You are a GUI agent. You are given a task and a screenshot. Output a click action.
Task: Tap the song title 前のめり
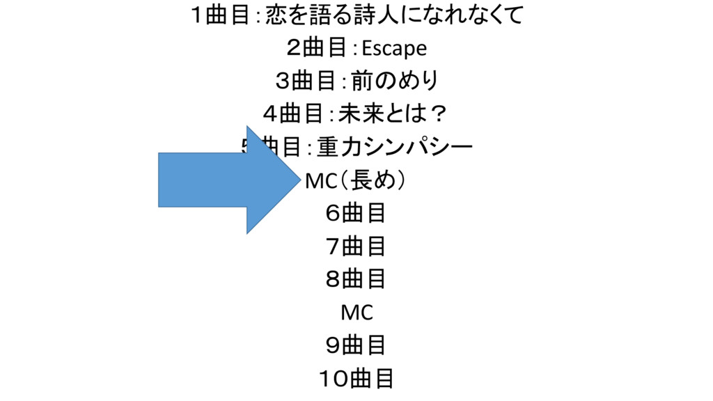pyautogui.click(x=395, y=81)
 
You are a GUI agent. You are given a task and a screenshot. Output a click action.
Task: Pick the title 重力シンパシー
pyautogui.click(x=395, y=147)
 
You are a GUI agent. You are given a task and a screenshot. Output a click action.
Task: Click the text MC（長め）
pyautogui.click(x=356, y=180)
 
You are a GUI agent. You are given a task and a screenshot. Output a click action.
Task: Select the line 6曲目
pyautogui.click(x=356, y=213)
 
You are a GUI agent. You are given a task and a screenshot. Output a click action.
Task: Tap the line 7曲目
pyautogui.click(x=356, y=246)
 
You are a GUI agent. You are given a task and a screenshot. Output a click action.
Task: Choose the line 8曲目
pyautogui.click(x=356, y=278)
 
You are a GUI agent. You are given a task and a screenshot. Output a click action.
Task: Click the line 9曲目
pyautogui.click(x=356, y=345)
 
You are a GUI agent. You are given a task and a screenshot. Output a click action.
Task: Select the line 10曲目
pyautogui.click(x=356, y=378)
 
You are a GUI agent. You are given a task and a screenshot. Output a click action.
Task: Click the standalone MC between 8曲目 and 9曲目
pyautogui.click(x=356, y=313)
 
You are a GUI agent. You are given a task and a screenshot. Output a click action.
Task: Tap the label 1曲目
pyautogui.click(x=219, y=15)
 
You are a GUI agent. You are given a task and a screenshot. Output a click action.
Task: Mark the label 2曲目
pyautogui.click(x=317, y=49)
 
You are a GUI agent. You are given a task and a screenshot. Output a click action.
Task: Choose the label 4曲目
pyautogui.click(x=296, y=114)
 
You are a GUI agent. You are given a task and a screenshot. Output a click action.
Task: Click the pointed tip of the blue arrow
pyautogui.click(x=304, y=180)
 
